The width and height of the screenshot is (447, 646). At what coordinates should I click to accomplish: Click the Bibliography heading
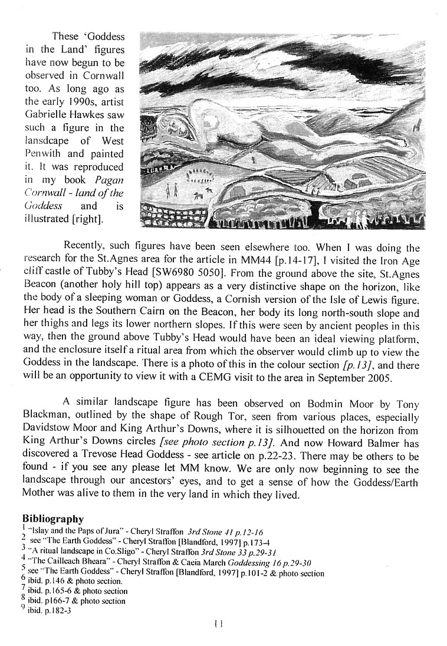53,519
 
